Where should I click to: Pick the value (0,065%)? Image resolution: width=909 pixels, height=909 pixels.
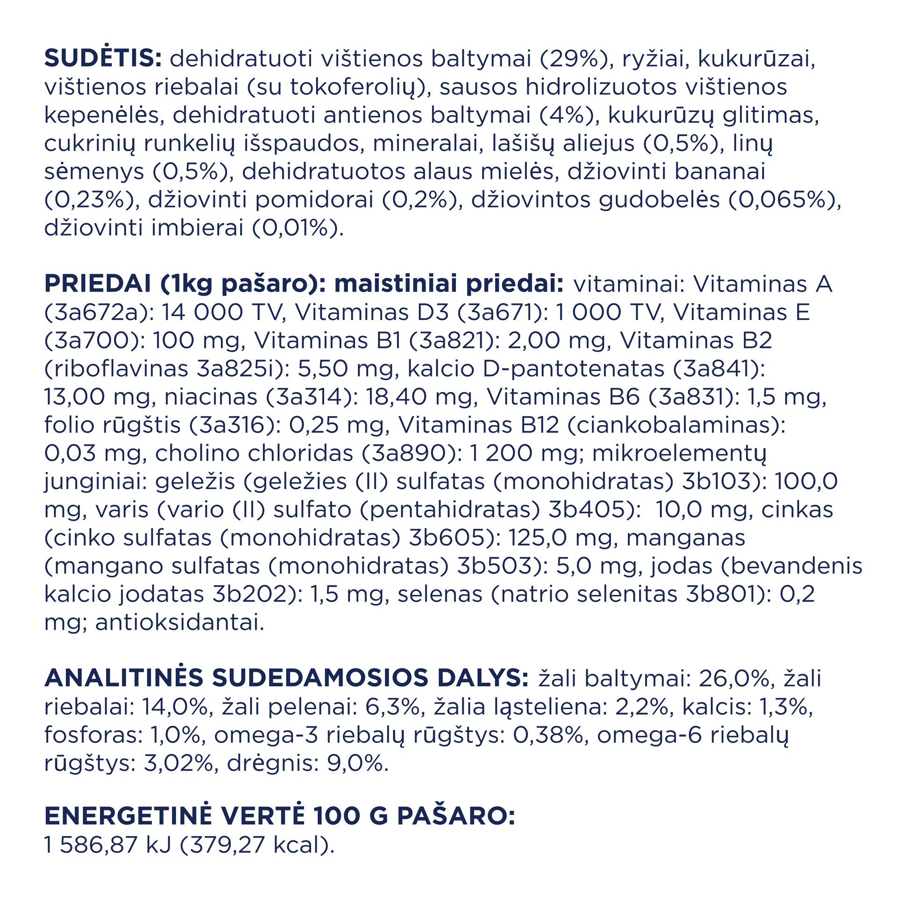click(x=784, y=200)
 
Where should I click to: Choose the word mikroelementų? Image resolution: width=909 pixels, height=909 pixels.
click(x=679, y=454)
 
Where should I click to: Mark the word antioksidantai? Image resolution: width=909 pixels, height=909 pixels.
click(x=179, y=623)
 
